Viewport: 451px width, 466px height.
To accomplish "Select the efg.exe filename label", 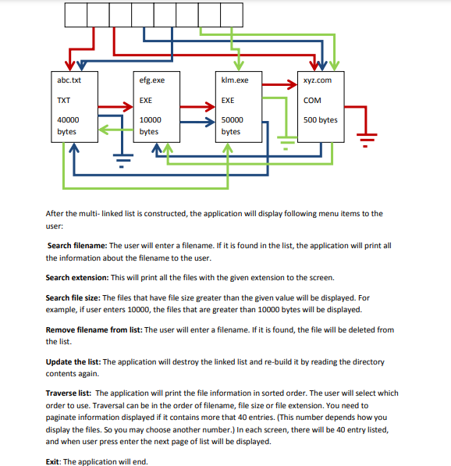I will (x=151, y=80).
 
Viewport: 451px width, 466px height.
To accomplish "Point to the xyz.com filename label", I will (x=318, y=80).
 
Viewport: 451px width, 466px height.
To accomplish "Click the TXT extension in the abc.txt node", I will (x=64, y=101).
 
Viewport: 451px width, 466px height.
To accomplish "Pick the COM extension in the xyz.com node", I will (x=312, y=101).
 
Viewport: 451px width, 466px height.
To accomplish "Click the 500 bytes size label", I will (x=321, y=120).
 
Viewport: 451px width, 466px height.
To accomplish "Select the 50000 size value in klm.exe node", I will (x=232, y=120).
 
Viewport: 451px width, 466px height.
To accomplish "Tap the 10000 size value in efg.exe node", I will (x=150, y=120).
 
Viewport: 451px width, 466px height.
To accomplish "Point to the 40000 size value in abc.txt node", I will (x=68, y=120).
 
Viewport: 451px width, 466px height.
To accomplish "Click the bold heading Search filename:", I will (x=77, y=245).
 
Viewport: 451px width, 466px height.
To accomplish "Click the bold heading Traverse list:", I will (x=69, y=393).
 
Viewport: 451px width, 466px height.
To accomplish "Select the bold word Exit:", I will (x=54, y=461).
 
